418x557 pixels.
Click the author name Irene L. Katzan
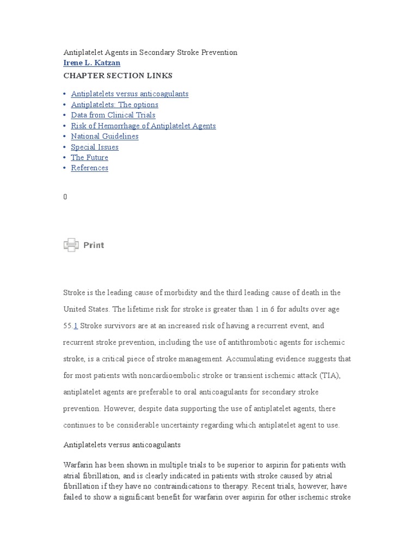[x=91, y=63]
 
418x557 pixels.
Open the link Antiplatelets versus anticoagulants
[x=130, y=94]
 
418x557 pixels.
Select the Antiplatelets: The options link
[x=114, y=104]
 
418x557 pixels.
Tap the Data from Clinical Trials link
[x=113, y=115]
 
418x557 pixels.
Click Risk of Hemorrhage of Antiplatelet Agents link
[x=143, y=126]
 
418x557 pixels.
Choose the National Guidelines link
[x=104, y=137]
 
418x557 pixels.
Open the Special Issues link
[x=94, y=147]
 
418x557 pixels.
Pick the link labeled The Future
[x=89, y=158]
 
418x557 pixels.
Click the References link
[x=89, y=168]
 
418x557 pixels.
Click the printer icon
[x=71, y=245]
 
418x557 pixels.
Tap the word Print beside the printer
[x=94, y=245]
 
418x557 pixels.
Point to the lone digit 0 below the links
[x=65, y=197]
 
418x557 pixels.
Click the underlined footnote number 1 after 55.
[x=76, y=326]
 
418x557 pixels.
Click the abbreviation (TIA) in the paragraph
[x=330, y=376]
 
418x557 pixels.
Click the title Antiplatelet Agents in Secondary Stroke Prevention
[x=150, y=53]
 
